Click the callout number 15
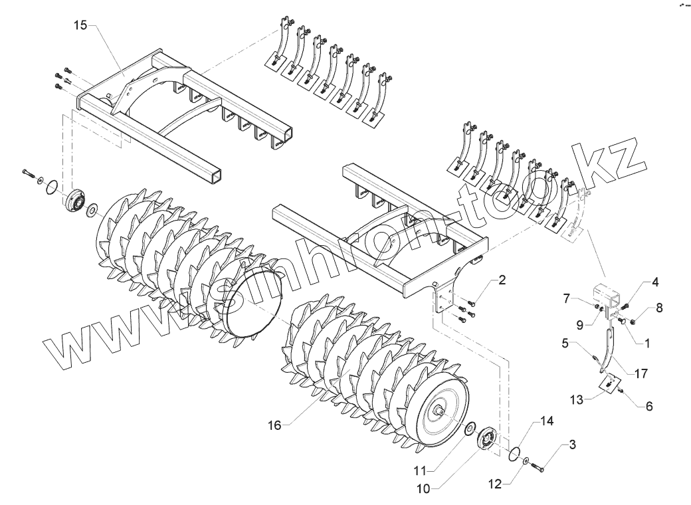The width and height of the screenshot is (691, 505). (80, 25)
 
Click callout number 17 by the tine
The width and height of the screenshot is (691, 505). (641, 374)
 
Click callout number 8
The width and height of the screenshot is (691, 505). (659, 308)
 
